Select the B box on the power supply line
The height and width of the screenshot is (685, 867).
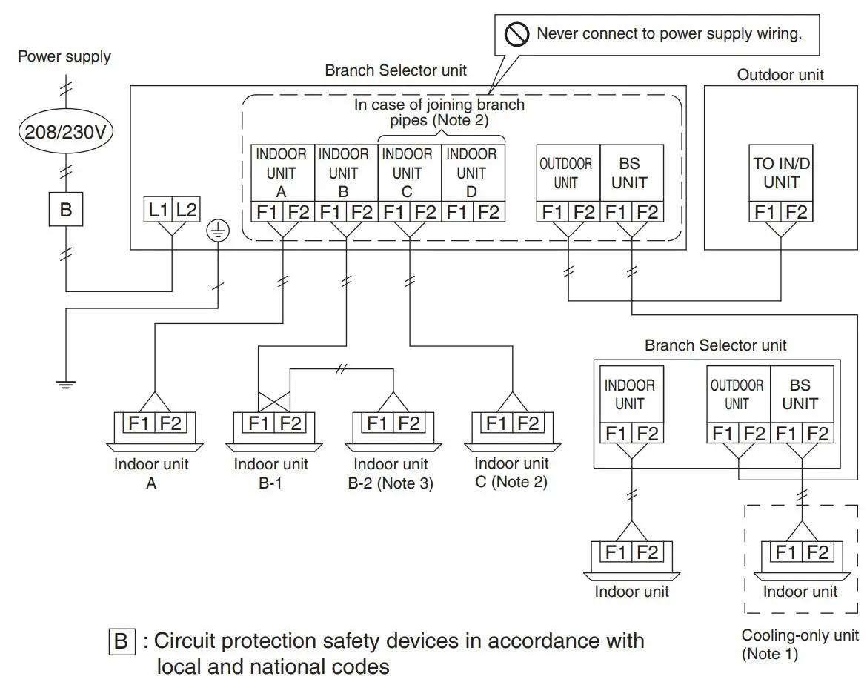click(66, 210)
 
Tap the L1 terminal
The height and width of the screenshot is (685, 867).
click(158, 211)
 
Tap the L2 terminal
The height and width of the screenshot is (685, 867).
click(186, 211)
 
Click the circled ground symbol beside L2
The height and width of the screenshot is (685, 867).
click(219, 232)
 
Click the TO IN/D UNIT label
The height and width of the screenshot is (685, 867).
click(781, 172)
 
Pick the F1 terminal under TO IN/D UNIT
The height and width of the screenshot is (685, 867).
click(765, 212)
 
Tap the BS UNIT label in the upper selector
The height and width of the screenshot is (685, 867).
click(630, 173)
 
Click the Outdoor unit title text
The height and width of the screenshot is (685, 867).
click(780, 74)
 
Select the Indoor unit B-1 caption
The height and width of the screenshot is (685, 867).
click(270, 473)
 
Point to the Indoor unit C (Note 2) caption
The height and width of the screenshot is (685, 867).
click(511, 472)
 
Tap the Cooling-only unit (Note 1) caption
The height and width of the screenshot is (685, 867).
click(800, 644)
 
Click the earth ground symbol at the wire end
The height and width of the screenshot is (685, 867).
click(66, 384)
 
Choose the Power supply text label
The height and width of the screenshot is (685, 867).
click(64, 56)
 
